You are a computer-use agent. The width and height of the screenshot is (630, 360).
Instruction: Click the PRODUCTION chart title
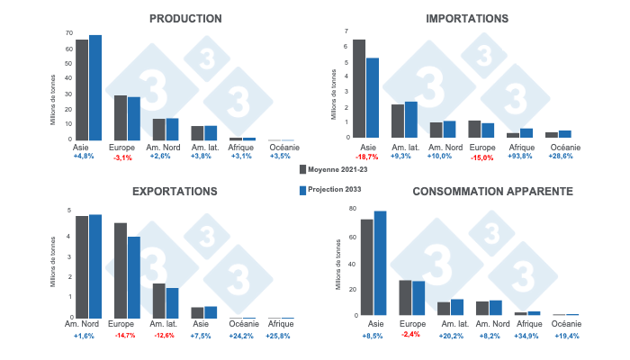[185, 18]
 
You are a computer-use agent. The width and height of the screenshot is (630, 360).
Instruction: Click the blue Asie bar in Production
[95, 87]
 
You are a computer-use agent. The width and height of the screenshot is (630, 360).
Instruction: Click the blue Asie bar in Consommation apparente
[380, 263]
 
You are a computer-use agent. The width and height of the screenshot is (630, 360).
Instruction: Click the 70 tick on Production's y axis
[68, 33]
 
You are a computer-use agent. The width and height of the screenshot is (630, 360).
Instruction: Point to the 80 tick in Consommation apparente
[352, 209]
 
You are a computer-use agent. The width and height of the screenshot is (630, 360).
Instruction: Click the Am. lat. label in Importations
[405, 146]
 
